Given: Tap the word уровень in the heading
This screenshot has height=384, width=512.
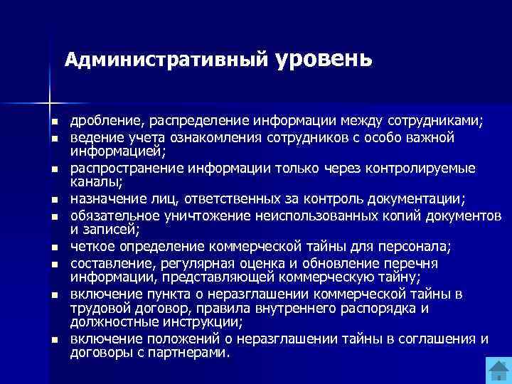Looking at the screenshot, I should coord(321,57).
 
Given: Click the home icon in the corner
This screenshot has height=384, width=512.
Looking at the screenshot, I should coord(497,370).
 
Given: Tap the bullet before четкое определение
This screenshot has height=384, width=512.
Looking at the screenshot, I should coord(53,247).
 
